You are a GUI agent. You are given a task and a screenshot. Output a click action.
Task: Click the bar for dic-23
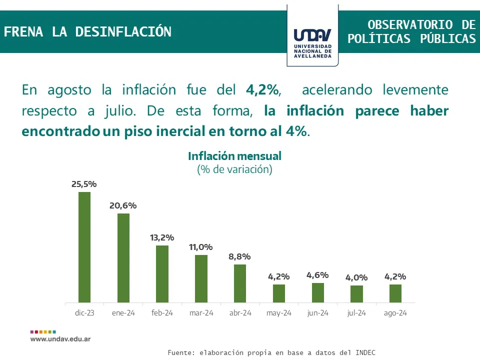tap(84, 247)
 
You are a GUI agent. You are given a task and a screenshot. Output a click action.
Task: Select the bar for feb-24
tap(162, 274)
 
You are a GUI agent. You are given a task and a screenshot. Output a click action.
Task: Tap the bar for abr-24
tap(240, 283)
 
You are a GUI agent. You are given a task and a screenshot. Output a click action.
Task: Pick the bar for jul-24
tap(356, 294)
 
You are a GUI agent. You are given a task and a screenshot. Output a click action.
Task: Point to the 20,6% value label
tap(123, 205)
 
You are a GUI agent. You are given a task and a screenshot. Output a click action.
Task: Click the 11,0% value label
tap(201, 247)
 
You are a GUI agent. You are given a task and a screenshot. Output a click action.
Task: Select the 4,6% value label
tap(317, 275)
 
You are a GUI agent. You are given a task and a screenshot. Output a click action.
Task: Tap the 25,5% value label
tap(84, 184)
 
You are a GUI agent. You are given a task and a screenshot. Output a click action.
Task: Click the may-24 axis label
tap(278, 313)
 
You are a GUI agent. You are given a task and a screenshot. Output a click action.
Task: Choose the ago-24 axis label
tap(395, 313)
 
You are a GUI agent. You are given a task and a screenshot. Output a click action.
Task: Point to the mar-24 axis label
tap(201, 313)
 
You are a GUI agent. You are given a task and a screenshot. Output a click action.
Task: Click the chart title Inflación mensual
tap(234, 156)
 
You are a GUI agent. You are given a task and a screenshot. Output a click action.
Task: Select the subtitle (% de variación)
tap(234, 169)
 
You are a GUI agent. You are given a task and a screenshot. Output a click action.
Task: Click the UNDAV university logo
tap(312, 36)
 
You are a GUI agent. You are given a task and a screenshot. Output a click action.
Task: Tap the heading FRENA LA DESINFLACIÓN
tap(87, 32)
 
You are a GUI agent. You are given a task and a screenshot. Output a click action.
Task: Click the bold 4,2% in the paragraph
tap(262, 90)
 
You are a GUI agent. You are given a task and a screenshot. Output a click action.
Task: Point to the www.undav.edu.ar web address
tap(60, 338)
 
